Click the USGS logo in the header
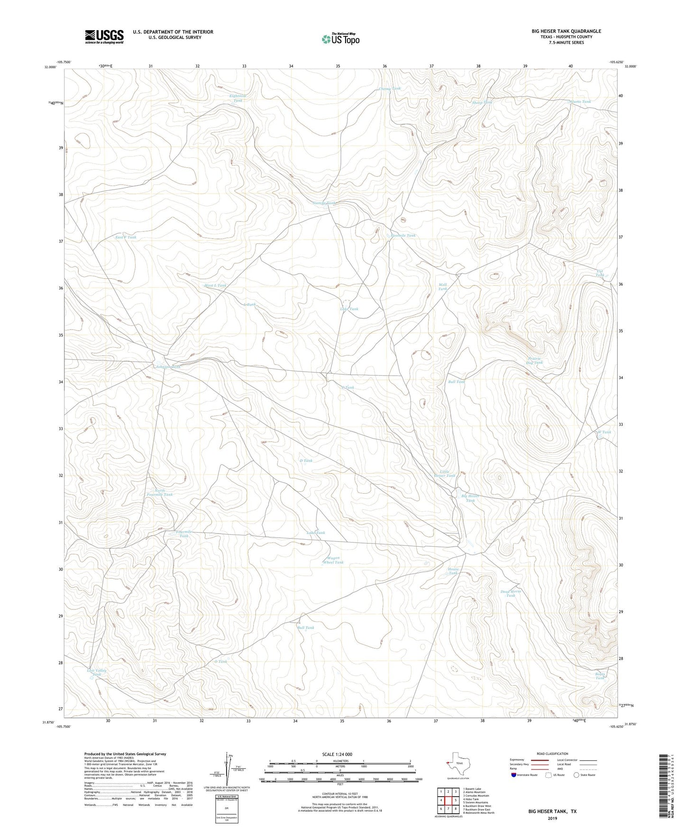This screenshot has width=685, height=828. [104, 37]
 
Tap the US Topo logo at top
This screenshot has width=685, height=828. [340, 39]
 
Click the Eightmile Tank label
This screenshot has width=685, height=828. [237, 98]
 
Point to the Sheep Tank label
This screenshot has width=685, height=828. [482, 102]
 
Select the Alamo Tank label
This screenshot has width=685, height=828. [580, 101]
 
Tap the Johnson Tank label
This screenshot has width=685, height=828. [168, 367]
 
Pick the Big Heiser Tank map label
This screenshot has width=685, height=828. [470, 498]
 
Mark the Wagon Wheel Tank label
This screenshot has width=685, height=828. [333, 560]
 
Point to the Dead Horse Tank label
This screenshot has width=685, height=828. [511, 593]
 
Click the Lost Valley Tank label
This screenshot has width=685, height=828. [97, 672]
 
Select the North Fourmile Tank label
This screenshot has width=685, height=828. [159, 492]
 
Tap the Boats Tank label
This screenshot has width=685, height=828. [600, 676]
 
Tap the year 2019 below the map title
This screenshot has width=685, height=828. [552, 818]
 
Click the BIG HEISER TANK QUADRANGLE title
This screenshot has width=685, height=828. [566, 31]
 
